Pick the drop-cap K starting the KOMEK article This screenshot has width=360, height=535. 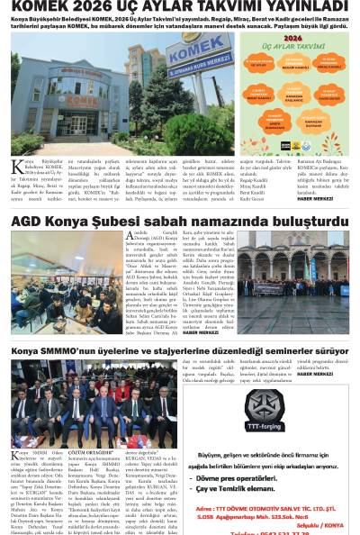[x=15, y=167]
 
